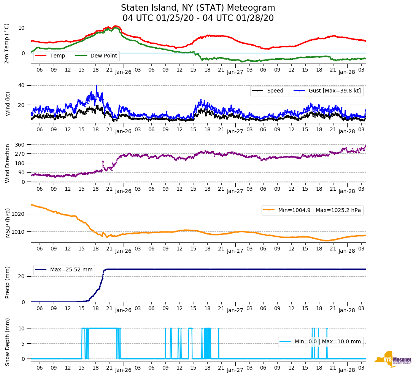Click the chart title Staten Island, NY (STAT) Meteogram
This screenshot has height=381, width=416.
(x=198, y=8)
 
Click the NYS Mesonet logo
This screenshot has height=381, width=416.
(x=393, y=359)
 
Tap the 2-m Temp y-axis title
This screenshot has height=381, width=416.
(x=7, y=43)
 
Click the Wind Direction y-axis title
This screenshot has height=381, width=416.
(x=8, y=163)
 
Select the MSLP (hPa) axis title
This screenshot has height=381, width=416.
(x=8, y=223)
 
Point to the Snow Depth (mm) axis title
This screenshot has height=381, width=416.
(x=8, y=342)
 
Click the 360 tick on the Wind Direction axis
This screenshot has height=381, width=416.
(x=20, y=145)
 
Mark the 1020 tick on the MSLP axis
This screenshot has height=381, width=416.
(x=19, y=214)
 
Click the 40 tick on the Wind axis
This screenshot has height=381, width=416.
(x=22, y=85)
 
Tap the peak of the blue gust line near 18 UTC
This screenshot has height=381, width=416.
(x=96, y=86)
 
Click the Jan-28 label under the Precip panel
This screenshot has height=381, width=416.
(x=347, y=310)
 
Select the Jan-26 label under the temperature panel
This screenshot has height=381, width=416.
(x=123, y=72)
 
